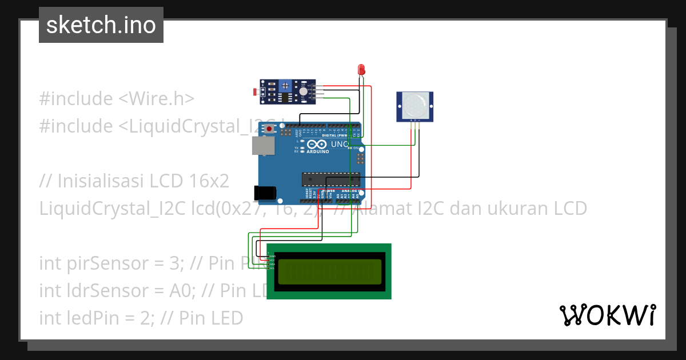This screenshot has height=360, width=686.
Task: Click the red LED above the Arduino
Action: tap(361, 70)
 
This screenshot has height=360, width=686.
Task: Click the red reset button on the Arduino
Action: tap(269, 130)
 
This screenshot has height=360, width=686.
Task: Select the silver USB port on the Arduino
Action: tap(262, 146)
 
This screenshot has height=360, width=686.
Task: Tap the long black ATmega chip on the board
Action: tap(331, 179)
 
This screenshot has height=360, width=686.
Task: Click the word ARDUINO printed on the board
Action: tap(318, 151)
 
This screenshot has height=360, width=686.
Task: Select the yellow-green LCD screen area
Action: tap(329, 271)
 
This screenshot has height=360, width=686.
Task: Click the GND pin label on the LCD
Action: tap(272, 257)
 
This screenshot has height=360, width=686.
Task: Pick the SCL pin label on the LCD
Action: tap(272, 268)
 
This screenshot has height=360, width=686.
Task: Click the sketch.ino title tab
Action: tap(101, 25)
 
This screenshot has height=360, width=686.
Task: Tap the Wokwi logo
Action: tap(607, 315)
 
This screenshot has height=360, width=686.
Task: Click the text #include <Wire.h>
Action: tap(117, 98)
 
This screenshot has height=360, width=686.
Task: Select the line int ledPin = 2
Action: tap(141, 317)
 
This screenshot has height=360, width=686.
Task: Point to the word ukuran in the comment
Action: tap(501, 208)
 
